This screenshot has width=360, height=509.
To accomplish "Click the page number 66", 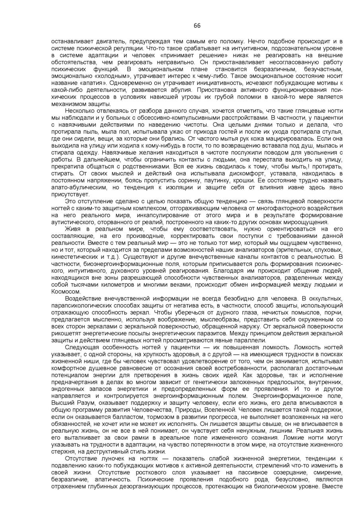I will pyautogui.click(x=197, y=26).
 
